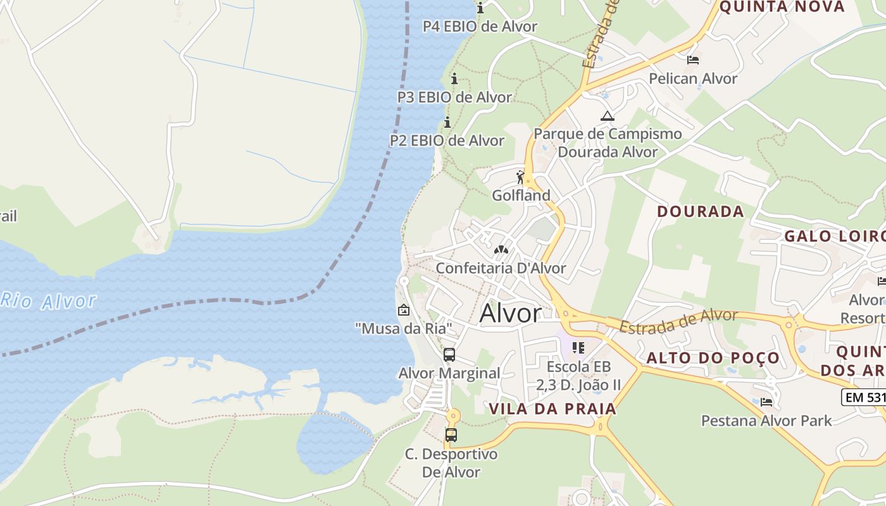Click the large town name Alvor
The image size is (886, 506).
[x=511, y=313]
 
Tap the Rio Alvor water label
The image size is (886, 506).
[x=49, y=300]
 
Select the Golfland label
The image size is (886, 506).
[x=521, y=195]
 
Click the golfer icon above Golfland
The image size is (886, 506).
[x=521, y=177]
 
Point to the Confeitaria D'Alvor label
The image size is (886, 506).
[x=501, y=268]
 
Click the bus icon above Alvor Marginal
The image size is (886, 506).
[x=449, y=355]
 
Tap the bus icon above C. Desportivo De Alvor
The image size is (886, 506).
[x=451, y=435]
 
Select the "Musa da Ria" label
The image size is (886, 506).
[x=404, y=328]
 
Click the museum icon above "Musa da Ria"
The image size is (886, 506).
[x=403, y=310]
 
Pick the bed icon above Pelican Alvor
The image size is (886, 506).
[x=693, y=60]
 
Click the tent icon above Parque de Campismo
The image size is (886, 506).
[x=608, y=116]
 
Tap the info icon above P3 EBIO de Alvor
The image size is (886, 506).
[x=454, y=78]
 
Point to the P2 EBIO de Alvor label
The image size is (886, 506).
[x=447, y=140]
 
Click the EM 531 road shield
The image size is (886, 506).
[x=863, y=397]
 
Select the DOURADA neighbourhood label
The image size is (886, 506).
[x=700, y=211]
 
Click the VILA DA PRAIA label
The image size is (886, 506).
[x=552, y=409]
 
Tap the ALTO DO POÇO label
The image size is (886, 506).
[x=713, y=358]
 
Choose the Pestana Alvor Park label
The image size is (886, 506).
[x=766, y=420]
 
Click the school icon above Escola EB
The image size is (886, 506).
[x=578, y=348]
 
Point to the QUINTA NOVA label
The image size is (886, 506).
[x=782, y=7]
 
